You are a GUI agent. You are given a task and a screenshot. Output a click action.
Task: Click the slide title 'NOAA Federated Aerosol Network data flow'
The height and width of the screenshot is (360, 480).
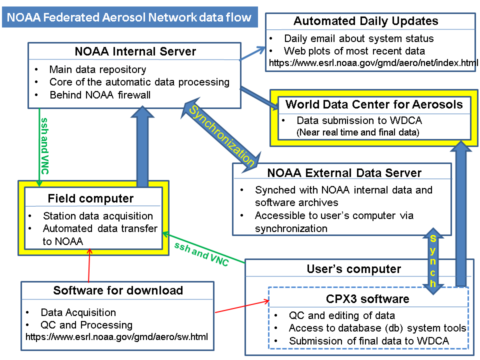coord(129,18)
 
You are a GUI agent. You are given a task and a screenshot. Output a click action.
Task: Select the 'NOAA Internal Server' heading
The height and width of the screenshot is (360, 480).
coord(135,51)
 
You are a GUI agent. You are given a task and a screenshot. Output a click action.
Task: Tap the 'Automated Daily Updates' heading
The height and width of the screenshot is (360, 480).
coord(365,21)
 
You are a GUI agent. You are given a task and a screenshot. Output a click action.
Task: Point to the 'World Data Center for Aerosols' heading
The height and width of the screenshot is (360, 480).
coord(374,104)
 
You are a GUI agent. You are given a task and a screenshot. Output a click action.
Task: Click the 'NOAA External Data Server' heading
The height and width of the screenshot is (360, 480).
coord(344,173)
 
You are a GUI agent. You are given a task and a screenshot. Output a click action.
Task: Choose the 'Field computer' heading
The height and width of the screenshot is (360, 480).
coord(91,198)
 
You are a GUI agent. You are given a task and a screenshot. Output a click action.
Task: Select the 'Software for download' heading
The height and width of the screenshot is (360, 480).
coord(118,290)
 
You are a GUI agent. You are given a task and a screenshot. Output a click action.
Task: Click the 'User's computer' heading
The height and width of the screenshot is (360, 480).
coord(353,269)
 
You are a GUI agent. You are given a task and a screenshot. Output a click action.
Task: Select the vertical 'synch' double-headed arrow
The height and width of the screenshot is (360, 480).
coord(433,259)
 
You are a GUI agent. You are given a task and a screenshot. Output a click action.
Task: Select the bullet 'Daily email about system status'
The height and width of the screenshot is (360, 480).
coord(358,38)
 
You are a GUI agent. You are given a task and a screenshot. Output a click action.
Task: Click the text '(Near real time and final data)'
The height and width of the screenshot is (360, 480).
coord(357,132)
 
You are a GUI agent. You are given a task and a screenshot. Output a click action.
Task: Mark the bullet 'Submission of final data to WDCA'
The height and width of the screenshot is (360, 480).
coord(368,340)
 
